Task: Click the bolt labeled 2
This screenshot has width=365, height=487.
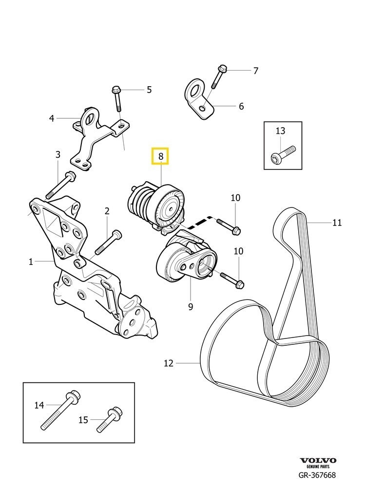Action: (108, 242)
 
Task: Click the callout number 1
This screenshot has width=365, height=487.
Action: (30, 262)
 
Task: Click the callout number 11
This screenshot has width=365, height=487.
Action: (337, 223)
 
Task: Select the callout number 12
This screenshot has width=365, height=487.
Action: (169, 363)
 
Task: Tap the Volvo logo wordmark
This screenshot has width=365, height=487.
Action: (318, 461)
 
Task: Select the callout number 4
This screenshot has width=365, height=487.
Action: (51, 117)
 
